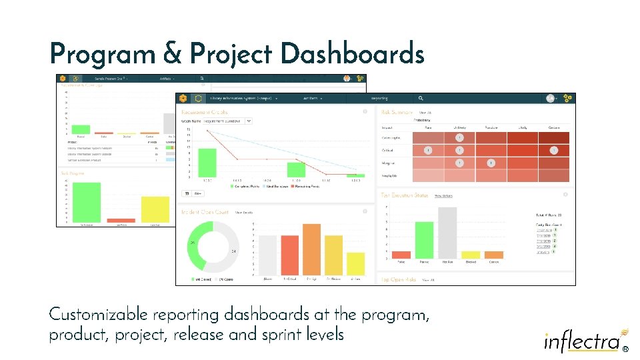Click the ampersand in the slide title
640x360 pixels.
point(171,53)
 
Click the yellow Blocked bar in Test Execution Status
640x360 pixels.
point(471,255)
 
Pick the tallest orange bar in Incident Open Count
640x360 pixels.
point(311,249)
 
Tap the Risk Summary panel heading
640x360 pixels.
point(397,113)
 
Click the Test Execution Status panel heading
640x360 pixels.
point(405,195)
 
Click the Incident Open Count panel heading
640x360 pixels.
point(205,213)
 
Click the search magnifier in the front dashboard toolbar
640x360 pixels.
point(421,98)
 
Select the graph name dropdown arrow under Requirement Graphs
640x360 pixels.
point(249,121)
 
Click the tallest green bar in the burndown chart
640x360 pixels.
point(207,163)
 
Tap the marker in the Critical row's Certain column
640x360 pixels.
point(553,151)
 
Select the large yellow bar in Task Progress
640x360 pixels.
point(155,209)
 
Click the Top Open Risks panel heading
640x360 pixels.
point(399,280)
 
